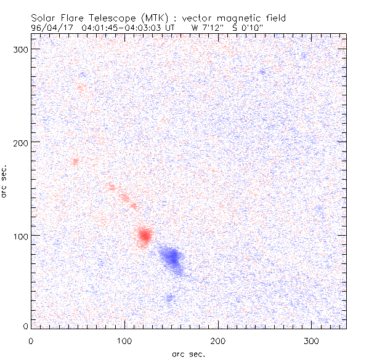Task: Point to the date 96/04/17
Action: pyautogui.click(x=54, y=27)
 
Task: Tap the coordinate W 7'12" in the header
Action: pyautogui.click(x=208, y=27)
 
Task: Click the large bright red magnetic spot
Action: pyautogui.click(x=145, y=235)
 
